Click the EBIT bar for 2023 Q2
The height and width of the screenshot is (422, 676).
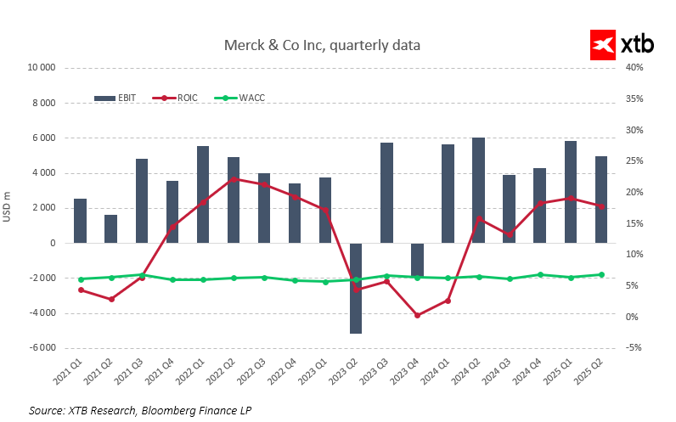pyautogui.click(x=356, y=288)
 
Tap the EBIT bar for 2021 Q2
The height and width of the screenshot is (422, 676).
pyautogui.click(x=111, y=228)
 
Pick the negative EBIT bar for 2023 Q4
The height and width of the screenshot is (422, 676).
pyautogui.click(x=417, y=260)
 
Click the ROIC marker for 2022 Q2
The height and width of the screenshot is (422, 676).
pyautogui.click(x=234, y=179)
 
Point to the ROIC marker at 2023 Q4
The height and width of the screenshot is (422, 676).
pyautogui.click(x=417, y=315)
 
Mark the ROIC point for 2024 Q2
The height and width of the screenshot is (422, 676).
pyautogui.click(x=479, y=219)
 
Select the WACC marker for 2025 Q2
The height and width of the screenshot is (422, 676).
pyautogui.click(x=601, y=274)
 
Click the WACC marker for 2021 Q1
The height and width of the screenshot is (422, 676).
pyautogui.click(x=81, y=279)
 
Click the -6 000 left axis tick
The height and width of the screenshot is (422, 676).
pyautogui.click(x=40, y=348)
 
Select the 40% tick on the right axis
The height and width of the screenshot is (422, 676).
pyautogui.click(x=635, y=68)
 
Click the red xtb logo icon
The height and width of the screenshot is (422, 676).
pyautogui.click(x=603, y=45)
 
